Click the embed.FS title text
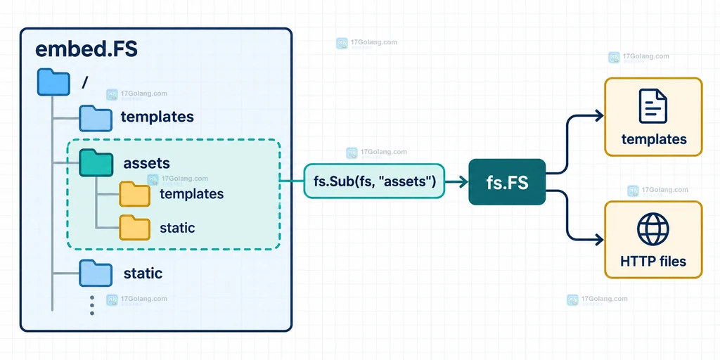pos(86,50)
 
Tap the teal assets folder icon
pos(96,162)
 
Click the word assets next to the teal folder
pos(146,163)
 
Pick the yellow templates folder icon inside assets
pos(134,194)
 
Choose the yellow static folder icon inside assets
pos(134,227)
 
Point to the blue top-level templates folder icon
pos(96,118)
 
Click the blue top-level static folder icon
pos(96,274)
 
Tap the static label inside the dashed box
pos(177,227)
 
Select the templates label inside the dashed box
pos(191,194)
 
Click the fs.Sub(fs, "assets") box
pos(374,181)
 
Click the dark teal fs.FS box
pos(507,182)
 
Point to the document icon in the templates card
pos(653,106)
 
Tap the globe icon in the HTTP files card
pos(653,229)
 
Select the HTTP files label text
pos(653,262)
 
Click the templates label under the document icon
pos(654,139)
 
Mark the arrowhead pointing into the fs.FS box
pos(463,182)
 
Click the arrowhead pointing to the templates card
pos(599,116)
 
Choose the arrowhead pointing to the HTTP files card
pos(599,239)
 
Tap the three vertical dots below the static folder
pos(92,305)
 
